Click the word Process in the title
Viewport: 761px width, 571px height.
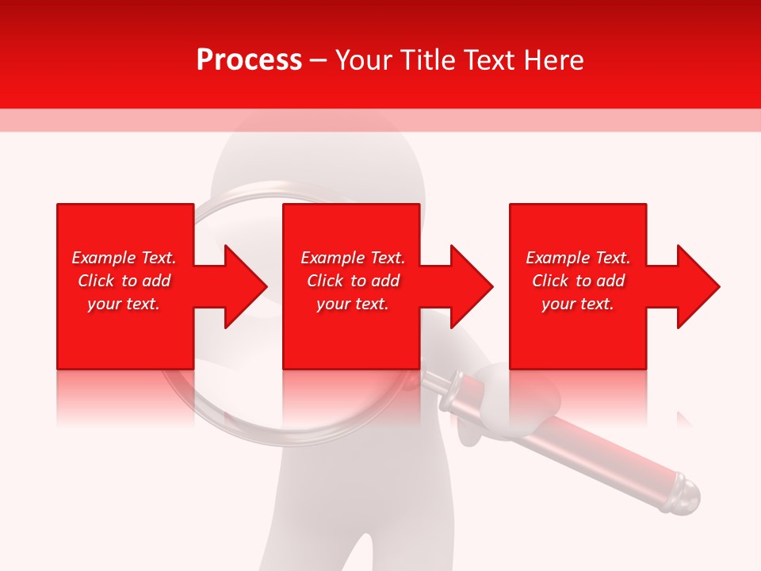(x=249, y=60)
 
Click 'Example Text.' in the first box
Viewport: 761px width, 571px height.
(x=124, y=258)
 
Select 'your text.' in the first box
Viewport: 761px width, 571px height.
(x=124, y=304)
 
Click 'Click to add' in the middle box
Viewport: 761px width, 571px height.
(x=353, y=281)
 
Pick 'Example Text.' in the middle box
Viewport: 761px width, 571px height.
(x=353, y=258)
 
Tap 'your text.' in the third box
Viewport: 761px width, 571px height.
(x=578, y=304)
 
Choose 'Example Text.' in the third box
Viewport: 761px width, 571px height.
(x=578, y=258)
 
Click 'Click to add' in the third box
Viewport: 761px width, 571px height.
(x=578, y=281)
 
